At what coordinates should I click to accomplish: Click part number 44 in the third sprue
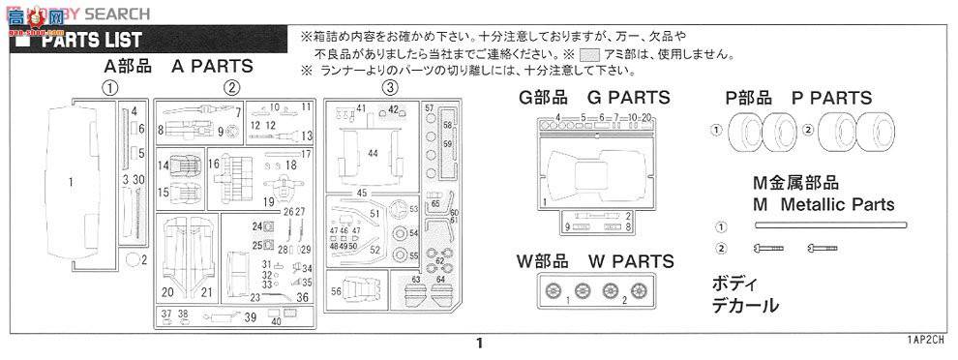click(x=373, y=153)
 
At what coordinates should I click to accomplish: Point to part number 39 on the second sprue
click(x=250, y=316)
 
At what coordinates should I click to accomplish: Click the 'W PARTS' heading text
click(x=630, y=261)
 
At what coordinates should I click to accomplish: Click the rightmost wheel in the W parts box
click(x=640, y=289)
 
